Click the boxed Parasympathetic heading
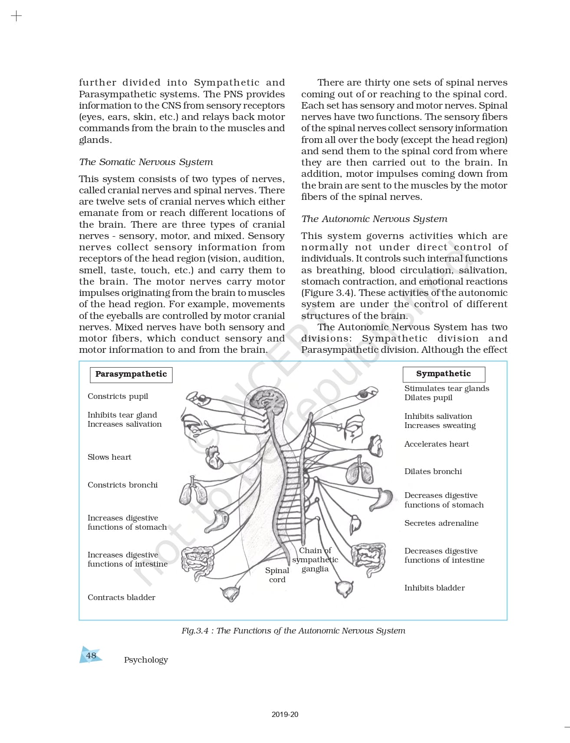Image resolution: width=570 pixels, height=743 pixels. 131,374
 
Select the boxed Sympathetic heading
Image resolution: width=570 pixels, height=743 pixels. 443,374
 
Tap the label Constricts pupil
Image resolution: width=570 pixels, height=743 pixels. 118,396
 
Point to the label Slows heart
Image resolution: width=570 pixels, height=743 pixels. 109,457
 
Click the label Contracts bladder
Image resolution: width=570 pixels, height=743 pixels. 121,597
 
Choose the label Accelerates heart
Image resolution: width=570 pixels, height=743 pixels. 436,444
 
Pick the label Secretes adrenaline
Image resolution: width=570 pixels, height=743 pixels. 441,523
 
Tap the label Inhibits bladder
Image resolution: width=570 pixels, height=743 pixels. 434,588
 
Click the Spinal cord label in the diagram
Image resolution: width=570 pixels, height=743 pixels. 277,575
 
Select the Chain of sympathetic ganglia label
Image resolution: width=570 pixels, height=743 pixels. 315,560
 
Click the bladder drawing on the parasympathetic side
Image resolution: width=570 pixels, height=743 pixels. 231,593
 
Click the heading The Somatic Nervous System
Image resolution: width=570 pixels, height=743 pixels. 146,162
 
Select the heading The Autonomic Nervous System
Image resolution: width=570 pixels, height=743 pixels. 374,219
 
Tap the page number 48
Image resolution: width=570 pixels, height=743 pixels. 91,655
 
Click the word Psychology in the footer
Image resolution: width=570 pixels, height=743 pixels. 146,660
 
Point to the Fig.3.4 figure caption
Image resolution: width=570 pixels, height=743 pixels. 293,631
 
